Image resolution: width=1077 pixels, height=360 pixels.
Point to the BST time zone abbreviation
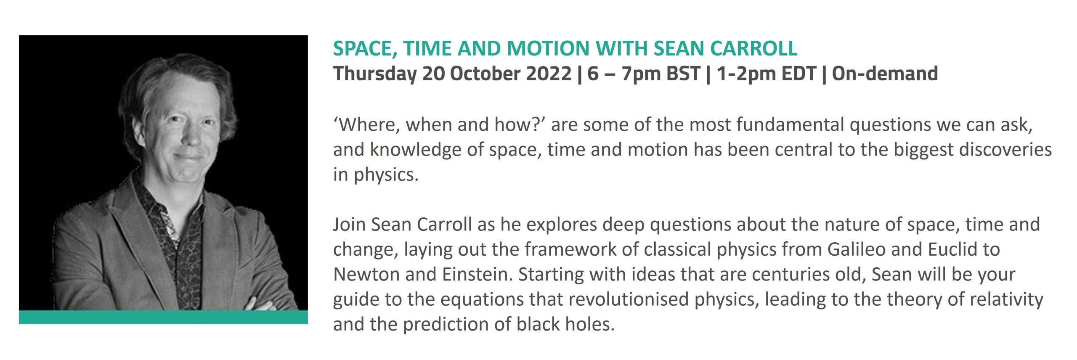[x=683, y=74]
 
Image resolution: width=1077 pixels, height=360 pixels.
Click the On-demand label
[x=885, y=74]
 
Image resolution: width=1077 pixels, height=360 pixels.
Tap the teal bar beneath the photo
[x=163, y=317]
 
